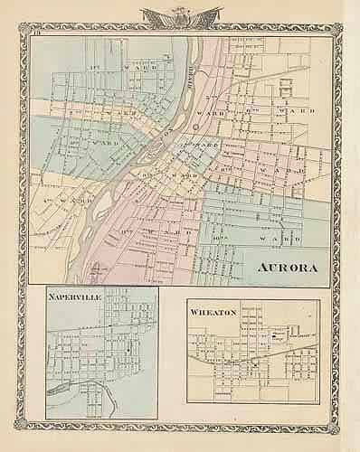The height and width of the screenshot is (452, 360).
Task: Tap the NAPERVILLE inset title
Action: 79,296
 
